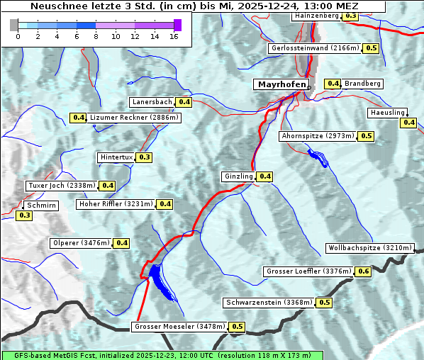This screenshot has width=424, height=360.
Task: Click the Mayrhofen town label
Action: click(281, 85)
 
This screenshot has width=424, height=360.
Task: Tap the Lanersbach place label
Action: click(152, 102)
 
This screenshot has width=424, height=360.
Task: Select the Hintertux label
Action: click(116, 157)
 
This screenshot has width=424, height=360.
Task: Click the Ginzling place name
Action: click(238, 176)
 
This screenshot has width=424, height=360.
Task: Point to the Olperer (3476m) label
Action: click(82, 243)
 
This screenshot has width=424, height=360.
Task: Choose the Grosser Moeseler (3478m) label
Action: click(180, 327)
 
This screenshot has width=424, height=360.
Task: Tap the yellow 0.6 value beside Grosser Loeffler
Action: click(364, 271)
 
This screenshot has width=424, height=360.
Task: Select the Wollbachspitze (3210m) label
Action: click(369, 248)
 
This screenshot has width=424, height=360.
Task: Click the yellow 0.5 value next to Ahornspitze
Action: click(366, 136)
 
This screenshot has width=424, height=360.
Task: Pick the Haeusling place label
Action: click(387, 113)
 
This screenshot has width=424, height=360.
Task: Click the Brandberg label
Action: click(363, 84)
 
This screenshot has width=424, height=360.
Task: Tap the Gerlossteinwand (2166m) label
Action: click(315, 48)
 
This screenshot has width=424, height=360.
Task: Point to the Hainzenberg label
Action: click(318, 15)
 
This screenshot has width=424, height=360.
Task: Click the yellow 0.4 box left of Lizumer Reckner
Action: click(78, 118)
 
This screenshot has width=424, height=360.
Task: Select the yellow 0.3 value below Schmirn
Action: click(24, 215)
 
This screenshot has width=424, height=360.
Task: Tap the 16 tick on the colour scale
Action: click(173, 35)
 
